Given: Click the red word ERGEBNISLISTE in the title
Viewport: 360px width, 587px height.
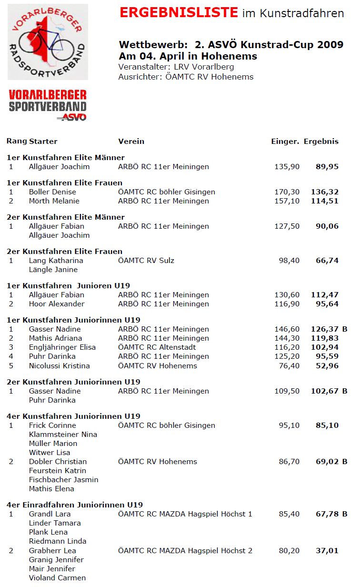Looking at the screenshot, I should point(179,13).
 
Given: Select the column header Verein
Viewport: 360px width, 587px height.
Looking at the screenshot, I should point(131,141).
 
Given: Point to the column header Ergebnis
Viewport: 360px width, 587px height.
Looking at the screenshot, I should point(321,141).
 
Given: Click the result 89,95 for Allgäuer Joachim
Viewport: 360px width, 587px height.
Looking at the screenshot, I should point(327,167).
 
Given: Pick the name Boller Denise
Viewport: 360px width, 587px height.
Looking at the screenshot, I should point(52,192).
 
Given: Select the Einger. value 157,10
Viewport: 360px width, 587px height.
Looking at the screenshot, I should point(287,201).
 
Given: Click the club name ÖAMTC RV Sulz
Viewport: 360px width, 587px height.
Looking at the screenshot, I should point(146,261).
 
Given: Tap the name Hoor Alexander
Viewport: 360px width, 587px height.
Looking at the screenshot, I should point(57,304).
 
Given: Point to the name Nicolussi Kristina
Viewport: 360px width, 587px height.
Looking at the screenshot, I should point(60,366).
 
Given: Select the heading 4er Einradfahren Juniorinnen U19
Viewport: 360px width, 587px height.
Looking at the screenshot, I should point(75,505).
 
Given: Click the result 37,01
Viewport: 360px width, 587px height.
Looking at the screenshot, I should point(327,551).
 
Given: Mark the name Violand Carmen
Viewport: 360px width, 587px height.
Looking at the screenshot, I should point(58,578).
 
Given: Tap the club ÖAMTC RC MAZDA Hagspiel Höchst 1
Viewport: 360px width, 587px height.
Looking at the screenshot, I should point(185,514).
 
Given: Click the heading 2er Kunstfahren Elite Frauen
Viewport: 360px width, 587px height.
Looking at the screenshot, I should point(64,251).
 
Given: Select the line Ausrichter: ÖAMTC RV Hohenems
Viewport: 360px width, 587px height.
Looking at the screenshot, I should point(186,77).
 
